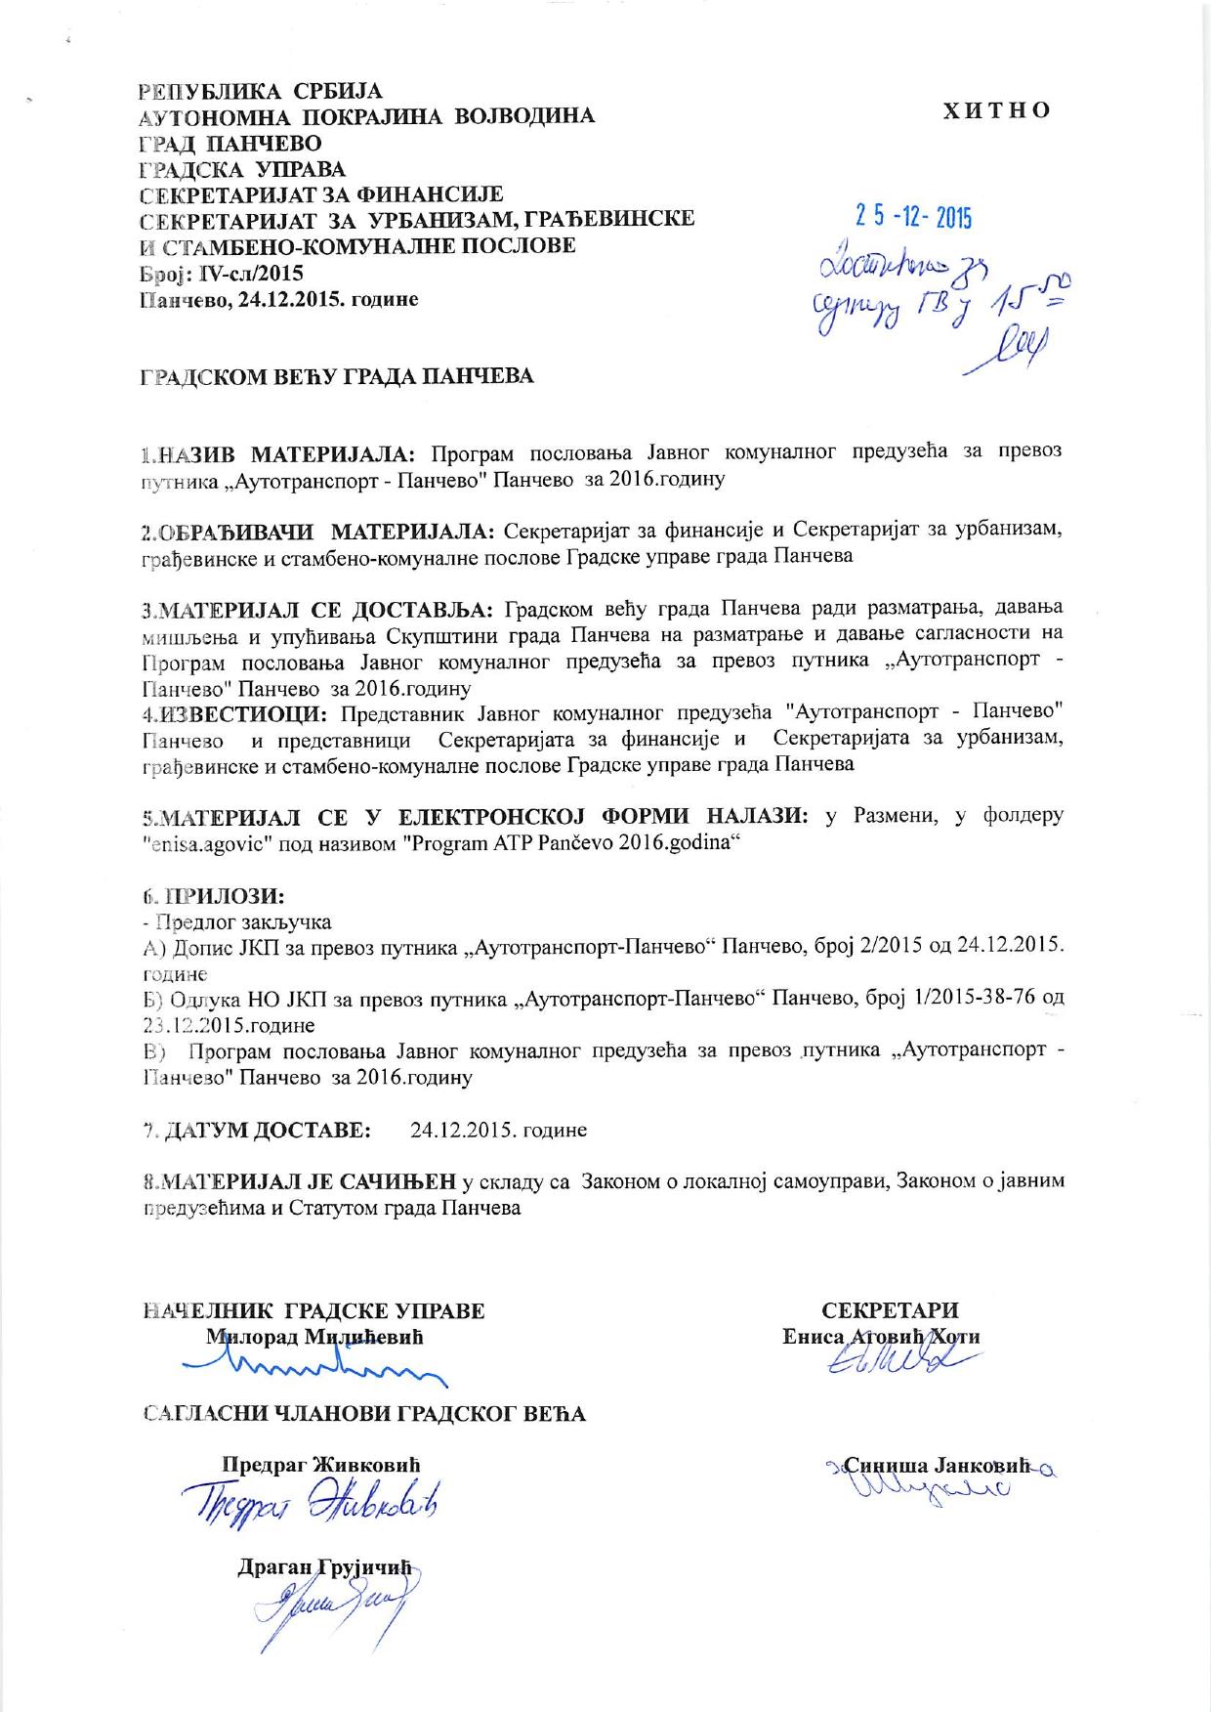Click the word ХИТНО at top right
(x=996, y=109)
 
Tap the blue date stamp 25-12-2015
(x=913, y=217)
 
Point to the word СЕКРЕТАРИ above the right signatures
(x=890, y=1310)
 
